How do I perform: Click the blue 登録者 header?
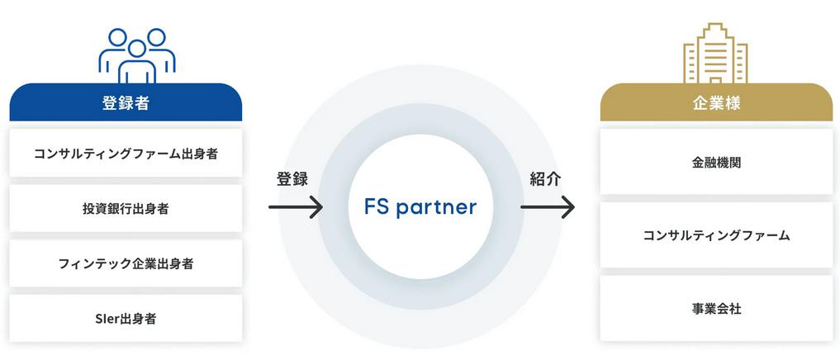[x=126, y=102]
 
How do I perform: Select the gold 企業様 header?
[x=716, y=102]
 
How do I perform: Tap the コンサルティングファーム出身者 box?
[x=126, y=154]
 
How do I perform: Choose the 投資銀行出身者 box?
[x=126, y=208]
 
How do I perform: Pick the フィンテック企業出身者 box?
[x=126, y=263]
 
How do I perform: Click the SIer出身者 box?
[x=126, y=318]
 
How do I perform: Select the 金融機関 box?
[x=716, y=162]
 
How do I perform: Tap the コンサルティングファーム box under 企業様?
[x=716, y=235]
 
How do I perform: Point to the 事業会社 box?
[x=716, y=309]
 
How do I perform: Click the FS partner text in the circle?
[x=420, y=207]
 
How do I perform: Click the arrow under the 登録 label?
[x=296, y=207]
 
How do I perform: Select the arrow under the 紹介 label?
[x=548, y=207]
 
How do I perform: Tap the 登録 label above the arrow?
[x=292, y=179]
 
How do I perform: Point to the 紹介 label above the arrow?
[x=545, y=179]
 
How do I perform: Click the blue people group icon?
[x=137, y=55]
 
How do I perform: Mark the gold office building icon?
[x=716, y=53]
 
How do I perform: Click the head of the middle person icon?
[x=137, y=49]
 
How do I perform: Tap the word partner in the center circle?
[x=437, y=208]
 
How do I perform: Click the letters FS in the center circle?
[x=377, y=206]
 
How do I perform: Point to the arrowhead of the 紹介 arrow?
[x=568, y=207]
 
